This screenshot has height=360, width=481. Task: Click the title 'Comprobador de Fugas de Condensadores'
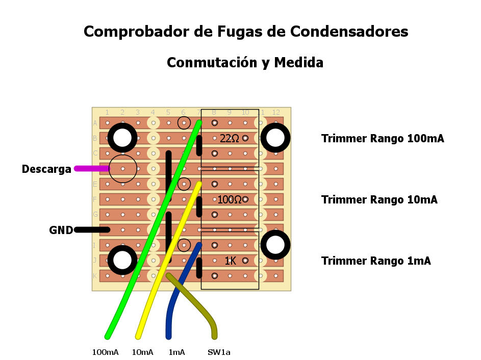pos(246,32)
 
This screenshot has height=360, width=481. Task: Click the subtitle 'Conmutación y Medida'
pos(245,63)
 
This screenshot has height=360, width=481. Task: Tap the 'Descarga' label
pos(46,169)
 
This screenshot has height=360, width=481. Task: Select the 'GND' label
pos(61,230)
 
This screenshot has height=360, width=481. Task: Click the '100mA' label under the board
pos(105,352)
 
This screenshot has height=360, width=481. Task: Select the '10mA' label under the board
pos(142,352)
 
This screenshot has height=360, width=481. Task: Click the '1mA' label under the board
pos(176,352)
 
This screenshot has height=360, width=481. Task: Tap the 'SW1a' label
pos(219,352)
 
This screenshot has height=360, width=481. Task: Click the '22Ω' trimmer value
pos(230,138)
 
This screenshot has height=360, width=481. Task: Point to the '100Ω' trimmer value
pos(229,200)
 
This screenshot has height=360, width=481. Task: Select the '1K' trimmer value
pos(231,261)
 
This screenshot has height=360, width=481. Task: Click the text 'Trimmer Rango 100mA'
pos(383,139)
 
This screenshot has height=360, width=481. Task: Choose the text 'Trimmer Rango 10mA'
pos(379,200)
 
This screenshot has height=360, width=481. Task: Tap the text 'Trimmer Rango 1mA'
pos(376,261)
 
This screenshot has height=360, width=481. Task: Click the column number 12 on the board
pos(276,112)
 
